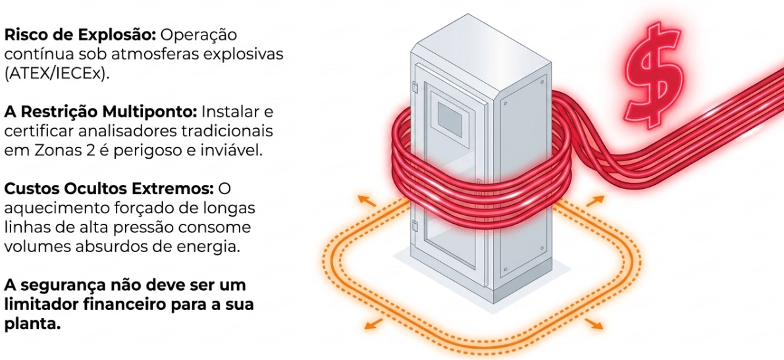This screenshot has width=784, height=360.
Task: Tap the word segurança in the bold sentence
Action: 60,287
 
